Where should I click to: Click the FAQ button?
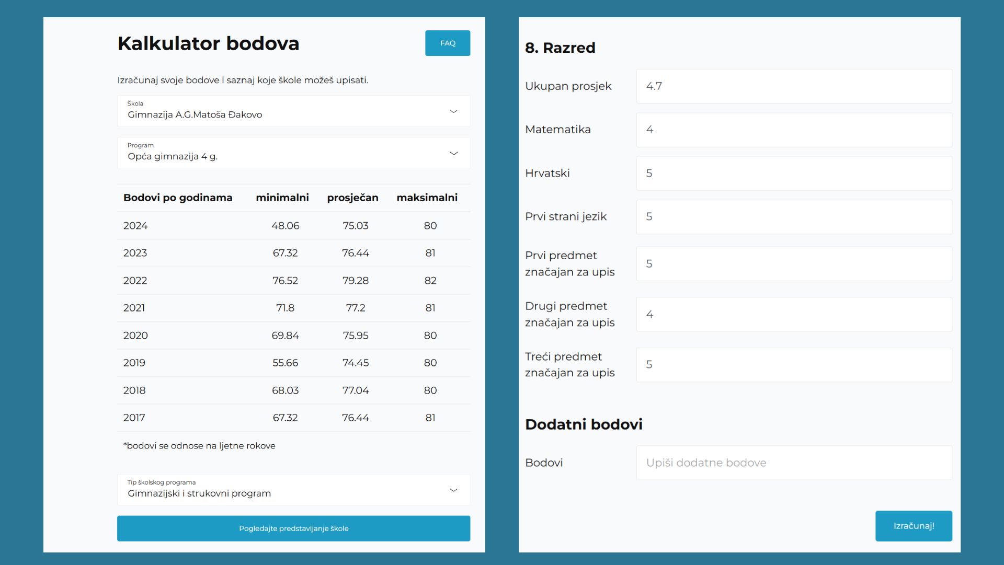(447, 43)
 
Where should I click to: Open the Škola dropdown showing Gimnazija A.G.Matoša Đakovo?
(293, 111)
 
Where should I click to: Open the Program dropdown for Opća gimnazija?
(293, 153)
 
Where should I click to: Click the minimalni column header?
(282, 198)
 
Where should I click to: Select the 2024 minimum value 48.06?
(285, 226)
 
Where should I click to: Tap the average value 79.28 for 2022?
(355, 281)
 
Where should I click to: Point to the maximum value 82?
(430, 281)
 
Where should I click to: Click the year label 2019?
(134, 363)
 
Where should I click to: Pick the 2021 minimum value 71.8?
(285, 308)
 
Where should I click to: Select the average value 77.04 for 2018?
(355, 390)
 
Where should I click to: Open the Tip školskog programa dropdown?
(293, 490)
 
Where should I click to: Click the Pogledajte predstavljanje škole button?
(293, 528)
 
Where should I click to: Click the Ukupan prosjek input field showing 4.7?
(793, 86)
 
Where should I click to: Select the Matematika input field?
(793, 130)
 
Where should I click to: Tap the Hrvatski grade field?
(793, 173)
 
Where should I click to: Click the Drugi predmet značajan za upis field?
(793, 314)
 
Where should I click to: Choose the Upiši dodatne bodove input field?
(793, 463)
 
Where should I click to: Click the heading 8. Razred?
(560, 48)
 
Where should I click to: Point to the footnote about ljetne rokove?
(199, 446)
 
